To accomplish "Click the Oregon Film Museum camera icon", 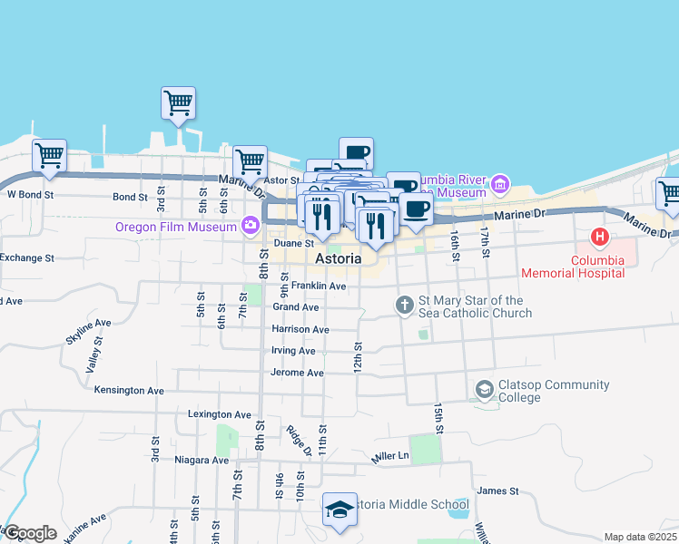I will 251,225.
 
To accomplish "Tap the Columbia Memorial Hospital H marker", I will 599,238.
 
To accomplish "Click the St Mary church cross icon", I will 406,306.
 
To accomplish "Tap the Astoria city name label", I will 339,259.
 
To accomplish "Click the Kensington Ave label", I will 129,391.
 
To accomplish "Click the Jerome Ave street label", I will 297,373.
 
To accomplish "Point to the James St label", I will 497,491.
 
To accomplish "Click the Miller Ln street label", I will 390,456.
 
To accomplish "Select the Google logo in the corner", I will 30,533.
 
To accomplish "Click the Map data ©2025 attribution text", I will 640,537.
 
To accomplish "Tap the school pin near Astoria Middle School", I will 339,510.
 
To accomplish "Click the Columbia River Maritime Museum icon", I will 498,185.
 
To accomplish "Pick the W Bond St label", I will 31,194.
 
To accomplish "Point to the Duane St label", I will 293,243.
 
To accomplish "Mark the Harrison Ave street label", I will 300,329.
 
